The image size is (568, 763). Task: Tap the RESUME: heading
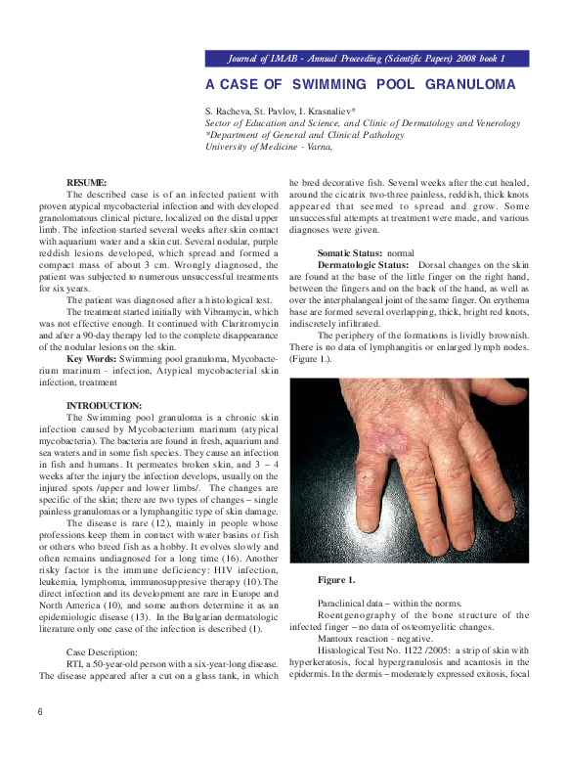tap(87, 183)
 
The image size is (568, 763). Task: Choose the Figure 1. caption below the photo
tap(336, 581)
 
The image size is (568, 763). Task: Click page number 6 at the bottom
tap(40, 712)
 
